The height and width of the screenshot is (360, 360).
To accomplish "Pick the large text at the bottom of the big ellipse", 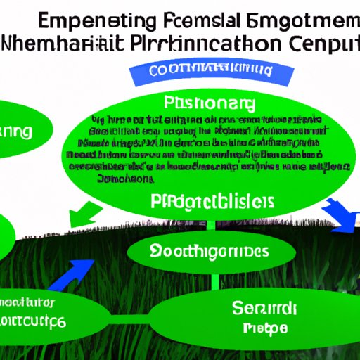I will coord(212,202).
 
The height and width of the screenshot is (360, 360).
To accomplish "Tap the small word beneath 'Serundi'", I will coord(263,328).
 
